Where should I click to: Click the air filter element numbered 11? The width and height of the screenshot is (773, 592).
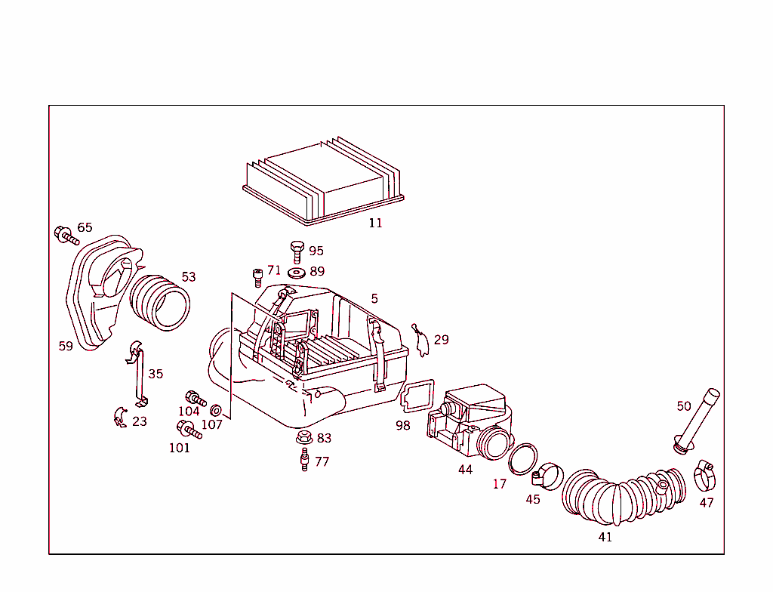coord(325,181)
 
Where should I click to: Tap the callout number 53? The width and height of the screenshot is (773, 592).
coord(188,277)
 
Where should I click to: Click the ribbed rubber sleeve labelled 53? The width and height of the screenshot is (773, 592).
coord(160,304)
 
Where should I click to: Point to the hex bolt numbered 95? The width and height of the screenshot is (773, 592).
coord(297,251)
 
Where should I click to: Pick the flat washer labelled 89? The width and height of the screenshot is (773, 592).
coord(297,272)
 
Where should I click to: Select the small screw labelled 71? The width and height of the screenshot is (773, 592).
coord(257,277)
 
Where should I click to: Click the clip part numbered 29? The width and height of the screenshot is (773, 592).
coord(421,341)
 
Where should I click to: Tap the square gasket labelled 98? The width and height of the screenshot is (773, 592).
coord(417,397)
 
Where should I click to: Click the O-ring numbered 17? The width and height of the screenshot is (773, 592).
coord(522,459)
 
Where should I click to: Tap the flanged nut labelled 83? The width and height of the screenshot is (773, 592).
coord(304,437)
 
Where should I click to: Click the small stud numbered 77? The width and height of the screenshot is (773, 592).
coord(305,459)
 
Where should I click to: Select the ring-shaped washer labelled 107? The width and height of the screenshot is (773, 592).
coord(215,410)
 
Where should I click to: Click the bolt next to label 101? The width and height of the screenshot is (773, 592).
coord(188,430)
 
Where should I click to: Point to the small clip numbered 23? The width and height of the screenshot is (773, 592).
coord(119,417)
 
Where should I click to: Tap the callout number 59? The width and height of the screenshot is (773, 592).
coord(66,347)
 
